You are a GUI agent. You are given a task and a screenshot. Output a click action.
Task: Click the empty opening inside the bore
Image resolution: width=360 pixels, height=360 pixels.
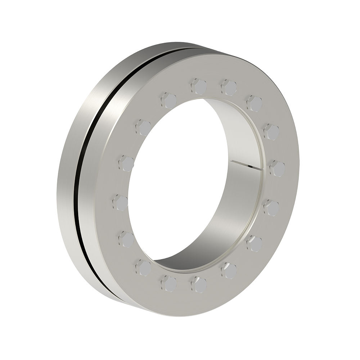[176, 180]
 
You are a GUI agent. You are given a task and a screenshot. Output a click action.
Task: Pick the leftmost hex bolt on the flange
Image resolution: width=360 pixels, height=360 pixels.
[120, 202]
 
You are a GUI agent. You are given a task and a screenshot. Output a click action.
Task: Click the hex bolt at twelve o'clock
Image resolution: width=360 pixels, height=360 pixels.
[199, 86]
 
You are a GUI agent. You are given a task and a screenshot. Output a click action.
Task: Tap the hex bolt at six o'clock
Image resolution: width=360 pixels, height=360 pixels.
[199, 284]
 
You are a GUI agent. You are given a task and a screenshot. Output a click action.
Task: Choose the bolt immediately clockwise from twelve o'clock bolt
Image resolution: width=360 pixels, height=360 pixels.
[229, 87]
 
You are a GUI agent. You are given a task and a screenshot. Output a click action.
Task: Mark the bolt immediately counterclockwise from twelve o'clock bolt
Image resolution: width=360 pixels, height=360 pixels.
[168, 100]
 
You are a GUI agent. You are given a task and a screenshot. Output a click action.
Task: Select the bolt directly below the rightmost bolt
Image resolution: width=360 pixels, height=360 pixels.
[271, 208]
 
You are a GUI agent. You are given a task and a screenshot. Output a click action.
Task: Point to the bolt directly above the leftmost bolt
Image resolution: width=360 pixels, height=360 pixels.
[126, 163]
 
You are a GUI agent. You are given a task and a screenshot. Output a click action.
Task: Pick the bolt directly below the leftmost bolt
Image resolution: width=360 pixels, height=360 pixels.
[126, 239]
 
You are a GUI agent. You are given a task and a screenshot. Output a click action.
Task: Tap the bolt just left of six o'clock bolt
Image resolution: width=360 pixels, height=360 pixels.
[168, 283]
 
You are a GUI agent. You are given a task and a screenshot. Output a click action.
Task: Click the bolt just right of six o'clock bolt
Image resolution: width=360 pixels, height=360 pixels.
[229, 270]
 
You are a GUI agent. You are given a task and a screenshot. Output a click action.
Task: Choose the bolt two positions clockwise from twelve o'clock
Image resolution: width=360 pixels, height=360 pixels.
[254, 103]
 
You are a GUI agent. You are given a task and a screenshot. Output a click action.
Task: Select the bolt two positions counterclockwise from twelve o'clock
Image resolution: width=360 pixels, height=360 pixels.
[143, 127]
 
